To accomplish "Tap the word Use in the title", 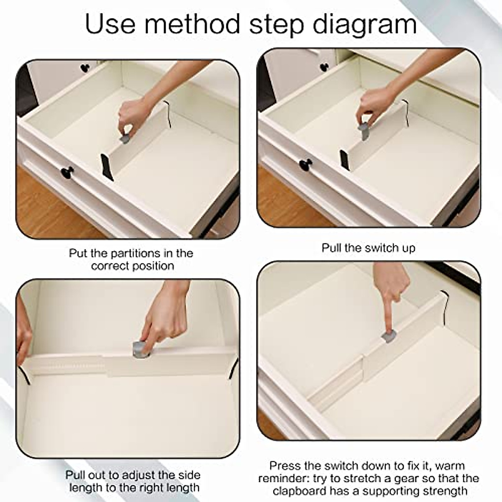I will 110,24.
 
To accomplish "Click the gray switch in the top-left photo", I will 125,138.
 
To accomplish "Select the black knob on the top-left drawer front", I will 67,172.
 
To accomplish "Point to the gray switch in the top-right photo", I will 364,131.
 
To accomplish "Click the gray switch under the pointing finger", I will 389,336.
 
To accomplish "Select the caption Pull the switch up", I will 368,248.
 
